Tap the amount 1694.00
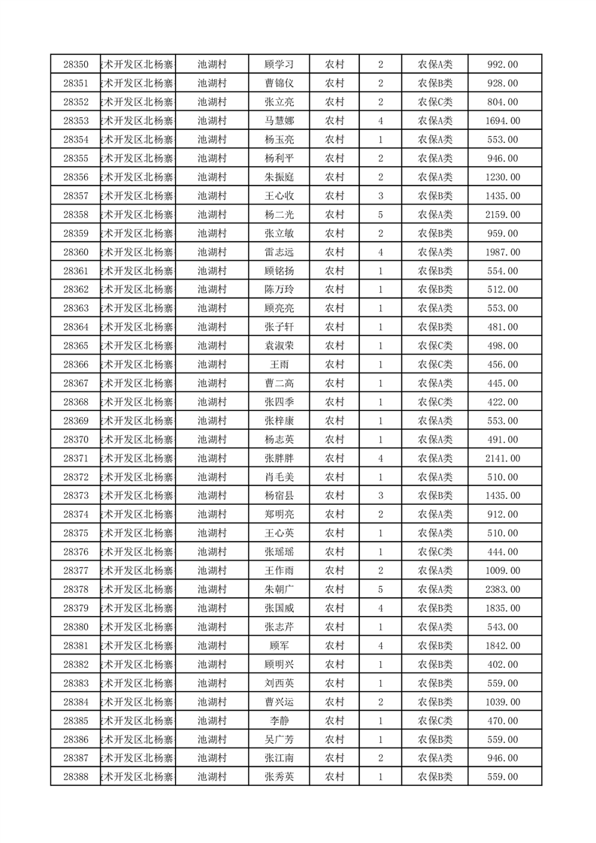coord(503,121)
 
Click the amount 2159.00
coord(503,215)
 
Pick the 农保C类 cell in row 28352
coord(435,102)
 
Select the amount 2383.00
coord(503,589)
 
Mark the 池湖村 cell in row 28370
coord(212,440)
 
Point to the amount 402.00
coord(503,664)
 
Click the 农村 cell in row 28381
coord(334,645)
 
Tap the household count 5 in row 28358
coord(381,215)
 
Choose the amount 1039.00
coord(503,702)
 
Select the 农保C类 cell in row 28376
coord(435,551)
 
